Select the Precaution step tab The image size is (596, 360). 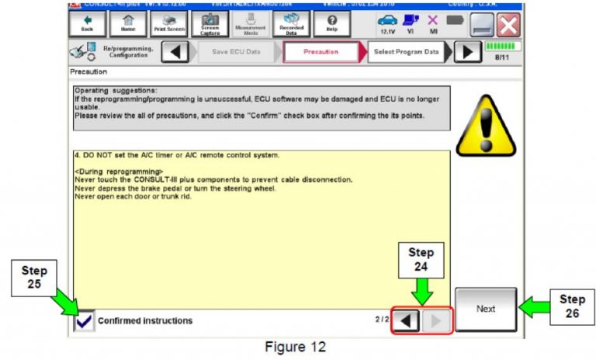(321, 51)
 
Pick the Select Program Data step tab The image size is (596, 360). (405, 51)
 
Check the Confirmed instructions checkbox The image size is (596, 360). (83, 320)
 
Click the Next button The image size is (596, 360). (486, 309)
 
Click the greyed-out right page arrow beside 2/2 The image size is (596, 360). (436, 320)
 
